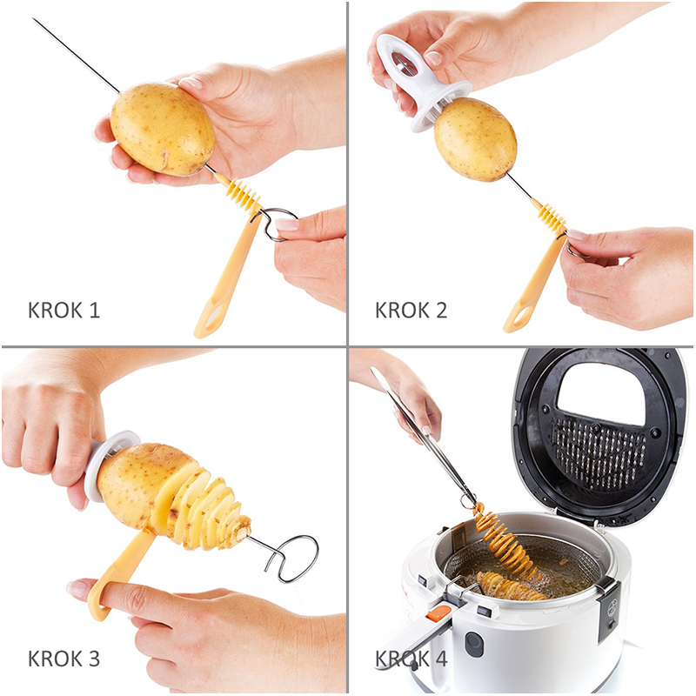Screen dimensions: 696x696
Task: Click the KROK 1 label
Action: click(64, 311)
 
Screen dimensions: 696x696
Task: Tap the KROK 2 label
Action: click(411, 311)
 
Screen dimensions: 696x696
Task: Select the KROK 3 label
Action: click(64, 659)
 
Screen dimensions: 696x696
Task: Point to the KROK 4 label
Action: click(411, 659)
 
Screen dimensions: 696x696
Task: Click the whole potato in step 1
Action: click(163, 129)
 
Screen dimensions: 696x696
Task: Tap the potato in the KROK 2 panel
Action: click(475, 139)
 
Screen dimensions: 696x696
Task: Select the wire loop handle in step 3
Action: click(291, 559)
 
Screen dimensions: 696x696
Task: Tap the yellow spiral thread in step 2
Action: click(552, 215)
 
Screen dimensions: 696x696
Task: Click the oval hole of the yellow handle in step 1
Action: click(215, 316)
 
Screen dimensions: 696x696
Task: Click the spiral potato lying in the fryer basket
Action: click(511, 586)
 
